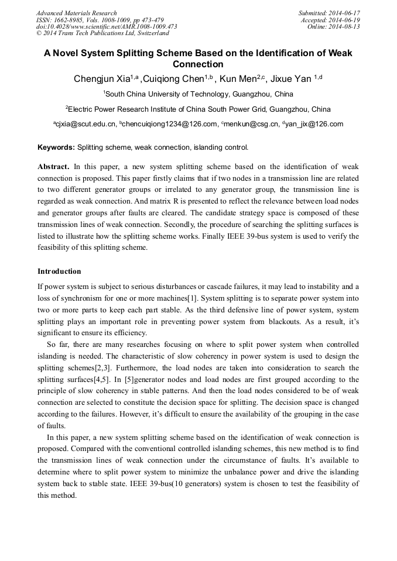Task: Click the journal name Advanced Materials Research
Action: [x=77, y=13]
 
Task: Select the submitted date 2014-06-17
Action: [x=345, y=13]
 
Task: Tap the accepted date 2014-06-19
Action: [x=345, y=20]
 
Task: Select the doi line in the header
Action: [x=107, y=26]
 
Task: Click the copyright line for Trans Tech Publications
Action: [x=102, y=33]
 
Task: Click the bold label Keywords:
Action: [x=56, y=147]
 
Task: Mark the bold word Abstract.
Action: [x=54, y=166]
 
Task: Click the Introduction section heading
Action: [x=59, y=271]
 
